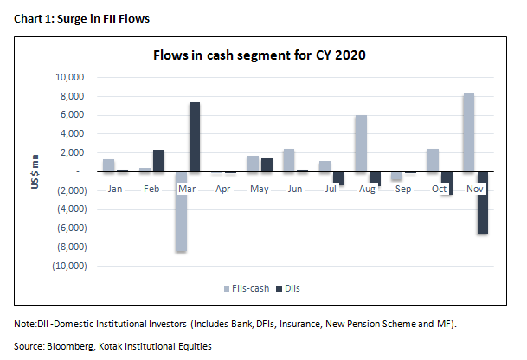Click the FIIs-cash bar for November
pos(468,132)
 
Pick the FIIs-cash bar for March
pos(181,212)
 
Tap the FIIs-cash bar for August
pos(361,144)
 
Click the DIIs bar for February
pos(158,161)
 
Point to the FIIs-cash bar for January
pos(108,165)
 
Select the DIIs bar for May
pos(267,164)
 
